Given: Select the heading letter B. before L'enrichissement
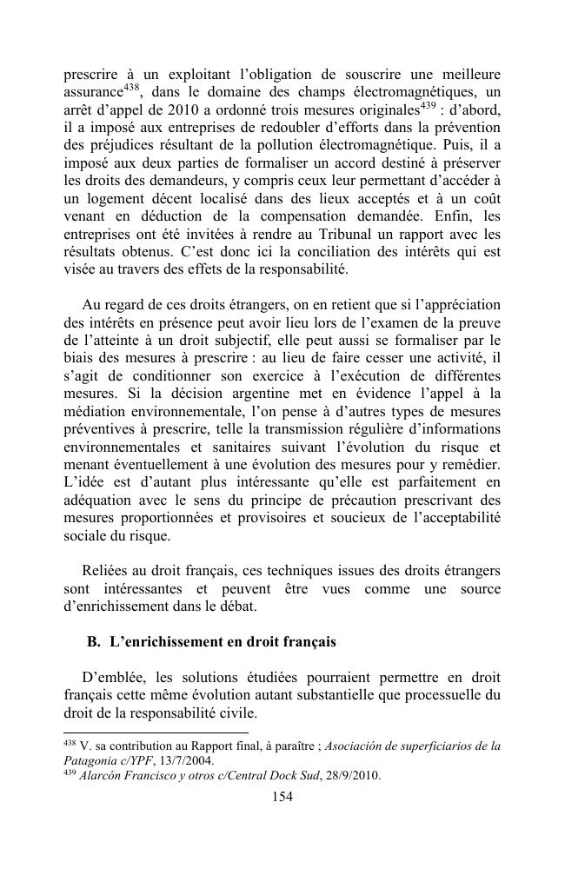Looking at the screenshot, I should coord(95,642).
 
